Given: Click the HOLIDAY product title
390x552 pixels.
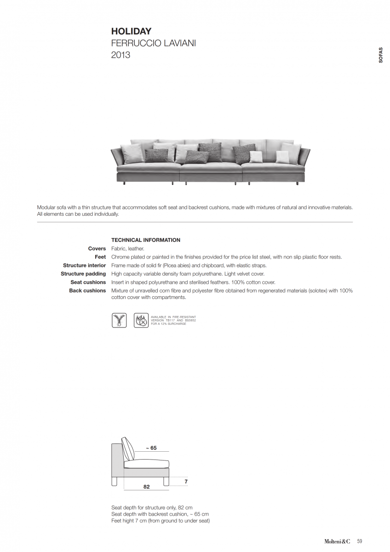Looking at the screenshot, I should [x=131, y=32].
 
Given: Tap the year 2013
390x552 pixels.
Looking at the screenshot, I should [x=120, y=55].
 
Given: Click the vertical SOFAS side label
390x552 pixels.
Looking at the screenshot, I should [x=380, y=55].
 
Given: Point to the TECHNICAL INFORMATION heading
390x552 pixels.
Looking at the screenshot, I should [x=146, y=240].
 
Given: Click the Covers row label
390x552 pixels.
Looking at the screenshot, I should [x=97, y=249].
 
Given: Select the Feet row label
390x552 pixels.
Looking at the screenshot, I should [x=100, y=257].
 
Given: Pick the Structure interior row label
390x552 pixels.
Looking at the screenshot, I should [x=85, y=265].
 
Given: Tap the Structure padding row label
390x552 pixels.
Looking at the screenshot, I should [x=83, y=274].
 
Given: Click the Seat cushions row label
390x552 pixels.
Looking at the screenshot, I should [x=88, y=282].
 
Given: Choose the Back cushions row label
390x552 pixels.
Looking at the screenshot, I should [x=87, y=291].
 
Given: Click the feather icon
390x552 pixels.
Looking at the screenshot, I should [x=119, y=320].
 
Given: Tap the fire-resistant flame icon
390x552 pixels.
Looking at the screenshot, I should [x=141, y=320].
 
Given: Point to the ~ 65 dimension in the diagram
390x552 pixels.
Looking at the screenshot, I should [x=151, y=448].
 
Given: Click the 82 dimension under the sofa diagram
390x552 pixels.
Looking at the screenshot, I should [x=146, y=487].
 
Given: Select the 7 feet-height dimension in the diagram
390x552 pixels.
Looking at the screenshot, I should [x=186, y=482].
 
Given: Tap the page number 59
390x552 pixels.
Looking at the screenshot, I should [x=360, y=541].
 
